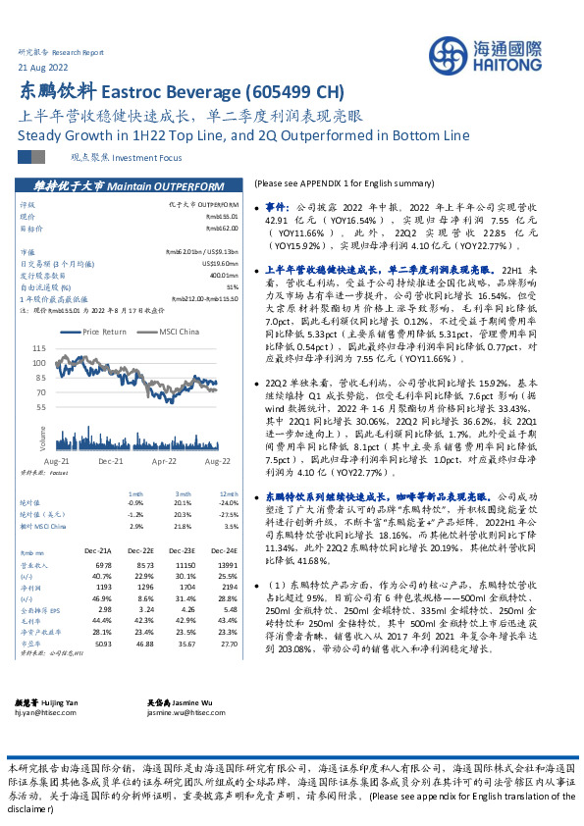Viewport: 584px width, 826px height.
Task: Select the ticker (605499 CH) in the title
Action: (294, 93)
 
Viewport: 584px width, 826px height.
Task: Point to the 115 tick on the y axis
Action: (39, 348)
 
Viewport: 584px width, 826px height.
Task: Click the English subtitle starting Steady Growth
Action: (243, 134)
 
